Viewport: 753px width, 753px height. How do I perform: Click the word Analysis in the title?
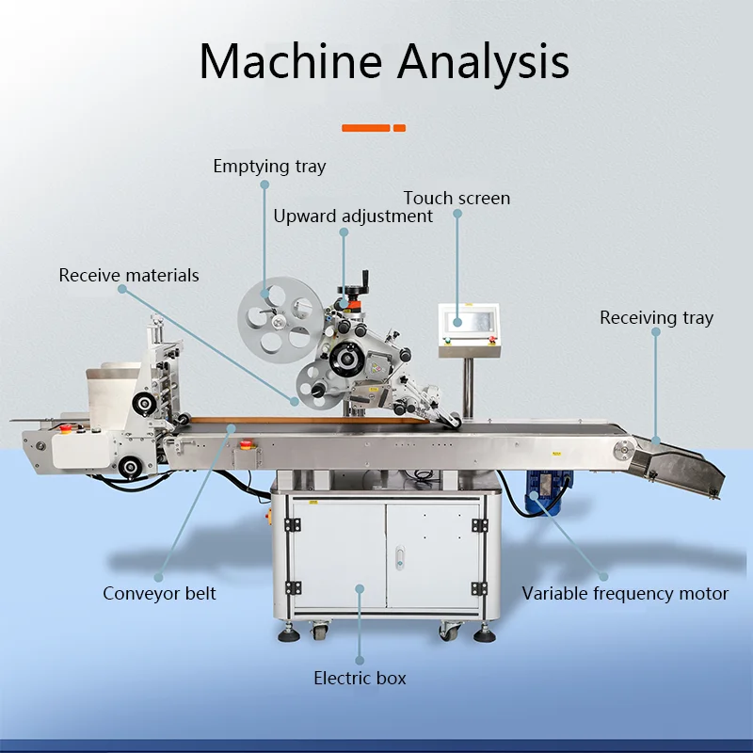483,61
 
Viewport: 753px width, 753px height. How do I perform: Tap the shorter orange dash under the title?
400,127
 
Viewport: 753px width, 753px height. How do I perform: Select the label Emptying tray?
269,167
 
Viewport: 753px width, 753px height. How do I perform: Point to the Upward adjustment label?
353,216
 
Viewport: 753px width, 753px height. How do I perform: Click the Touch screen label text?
457,198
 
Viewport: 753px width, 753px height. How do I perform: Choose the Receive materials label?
129,275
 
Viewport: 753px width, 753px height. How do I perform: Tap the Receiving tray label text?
656,317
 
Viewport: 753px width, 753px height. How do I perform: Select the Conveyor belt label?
159,593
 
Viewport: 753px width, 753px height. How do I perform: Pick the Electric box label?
360,678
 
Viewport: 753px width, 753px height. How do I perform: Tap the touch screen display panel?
468,320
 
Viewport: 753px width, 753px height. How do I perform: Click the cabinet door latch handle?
399,554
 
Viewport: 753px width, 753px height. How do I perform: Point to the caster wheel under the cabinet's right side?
450,633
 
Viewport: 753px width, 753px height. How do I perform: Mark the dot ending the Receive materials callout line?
295,401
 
